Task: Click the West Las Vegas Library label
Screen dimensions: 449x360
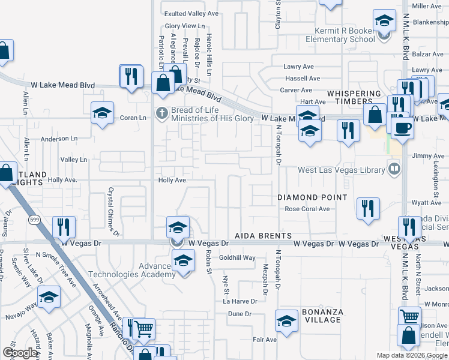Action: (x=341, y=170)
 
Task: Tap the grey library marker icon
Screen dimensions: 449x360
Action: (x=394, y=169)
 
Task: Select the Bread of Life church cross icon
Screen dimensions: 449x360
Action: (x=161, y=112)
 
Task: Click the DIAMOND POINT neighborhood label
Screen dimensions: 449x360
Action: (x=312, y=197)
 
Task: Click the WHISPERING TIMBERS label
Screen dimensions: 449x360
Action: (x=354, y=98)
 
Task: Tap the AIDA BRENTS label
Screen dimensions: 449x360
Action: (x=263, y=236)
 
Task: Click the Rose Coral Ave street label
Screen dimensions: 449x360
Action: (x=307, y=209)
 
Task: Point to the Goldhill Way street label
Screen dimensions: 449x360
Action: (x=237, y=257)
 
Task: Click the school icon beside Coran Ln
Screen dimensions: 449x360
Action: (x=103, y=112)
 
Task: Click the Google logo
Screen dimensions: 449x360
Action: (x=20, y=353)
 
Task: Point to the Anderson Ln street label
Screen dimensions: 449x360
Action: (x=59, y=139)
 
